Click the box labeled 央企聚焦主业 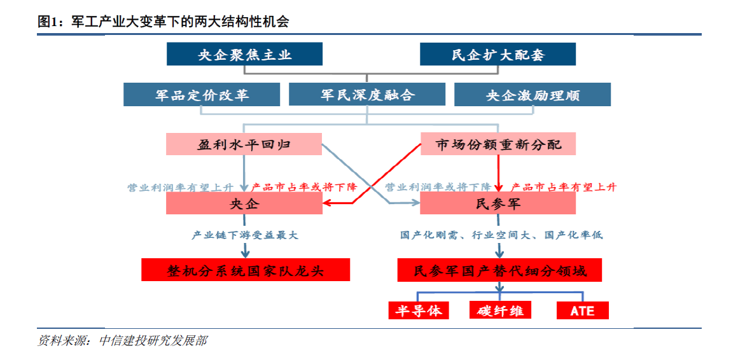[x=244, y=54]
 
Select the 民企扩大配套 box [x=498, y=54]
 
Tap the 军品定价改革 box [x=202, y=94]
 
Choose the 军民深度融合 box [x=367, y=94]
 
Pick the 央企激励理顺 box [x=533, y=94]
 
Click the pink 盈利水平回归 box [x=244, y=144]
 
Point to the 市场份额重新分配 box [x=498, y=144]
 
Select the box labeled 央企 [x=244, y=204]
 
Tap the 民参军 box [x=498, y=204]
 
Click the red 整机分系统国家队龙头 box [x=246, y=270]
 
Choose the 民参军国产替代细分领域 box [x=499, y=270]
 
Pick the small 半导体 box [x=419, y=310]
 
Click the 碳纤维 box [x=500, y=310]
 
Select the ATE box [x=582, y=310]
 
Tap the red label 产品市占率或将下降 [x=304, y=187]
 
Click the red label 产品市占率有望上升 [x=564, y=187]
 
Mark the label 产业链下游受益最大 [x=244, y=235]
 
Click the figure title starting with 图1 [x=163, y=22]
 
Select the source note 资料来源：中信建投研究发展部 [x=123, y=341]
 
